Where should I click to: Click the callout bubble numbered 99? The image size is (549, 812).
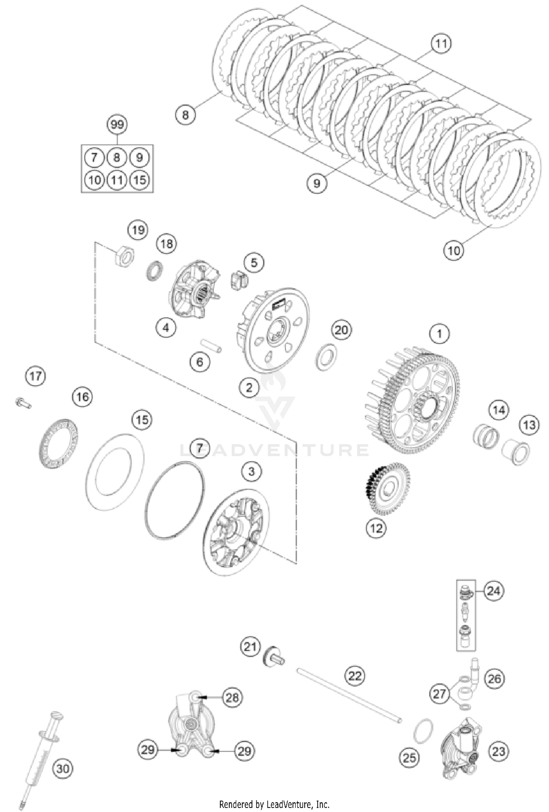point(117,125)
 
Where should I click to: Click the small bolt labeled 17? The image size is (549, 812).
point(23,403)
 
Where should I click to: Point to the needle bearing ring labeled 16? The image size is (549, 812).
point(59,444)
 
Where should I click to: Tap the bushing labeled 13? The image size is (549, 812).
point(516,453)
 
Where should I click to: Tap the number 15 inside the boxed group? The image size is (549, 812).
point(139,180)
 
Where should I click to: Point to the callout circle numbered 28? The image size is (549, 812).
point(232,698)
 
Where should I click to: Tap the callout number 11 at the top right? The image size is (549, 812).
point(441,44)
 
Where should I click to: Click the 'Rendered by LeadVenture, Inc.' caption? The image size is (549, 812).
point(274,804)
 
